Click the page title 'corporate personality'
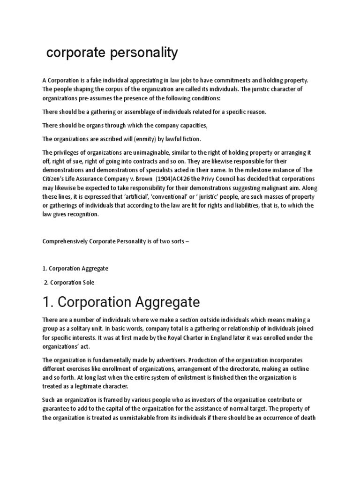[x=112, y=53]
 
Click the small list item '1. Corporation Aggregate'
[x=75, y=269]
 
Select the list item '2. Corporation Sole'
[x=70, y=282]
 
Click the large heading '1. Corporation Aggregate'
[x=121, y=301]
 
